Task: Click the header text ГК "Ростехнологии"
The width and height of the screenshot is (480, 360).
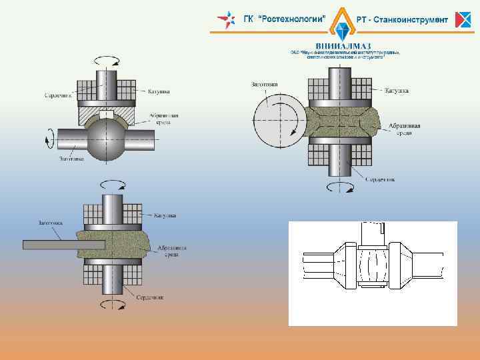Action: pyautogui.click(x=283, y=19)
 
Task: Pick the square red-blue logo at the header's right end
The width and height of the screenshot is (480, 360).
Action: pyautogui.click(x=463, y=20)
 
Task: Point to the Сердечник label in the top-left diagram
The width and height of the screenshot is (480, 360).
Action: pyautogui.click(x=57, y=95)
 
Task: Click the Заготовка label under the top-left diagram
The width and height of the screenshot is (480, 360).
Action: pyautogui.click(x=73, y=159)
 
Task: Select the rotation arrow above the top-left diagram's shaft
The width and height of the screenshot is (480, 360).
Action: pyautogui.click(x=108, y=60)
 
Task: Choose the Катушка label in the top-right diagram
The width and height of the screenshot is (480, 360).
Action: pyautogui.click(x=397, y=90)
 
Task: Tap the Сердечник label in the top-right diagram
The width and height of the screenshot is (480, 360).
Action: pyautogui.click(x=380, y=179)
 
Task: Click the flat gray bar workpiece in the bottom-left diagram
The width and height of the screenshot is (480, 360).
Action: pyautogui.click(x=63, y=245)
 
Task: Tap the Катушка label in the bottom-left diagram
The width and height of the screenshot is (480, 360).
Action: pyautogui.click(x=165, y=215)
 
